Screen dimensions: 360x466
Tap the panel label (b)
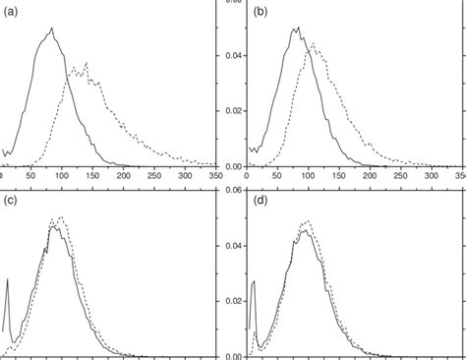coord(261,13)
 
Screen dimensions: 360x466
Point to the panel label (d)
coord(261,203)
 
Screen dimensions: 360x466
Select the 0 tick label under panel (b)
coord(247,175)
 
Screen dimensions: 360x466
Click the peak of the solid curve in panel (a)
coord(51,29)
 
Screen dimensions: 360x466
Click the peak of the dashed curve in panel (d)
coord(306,221)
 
